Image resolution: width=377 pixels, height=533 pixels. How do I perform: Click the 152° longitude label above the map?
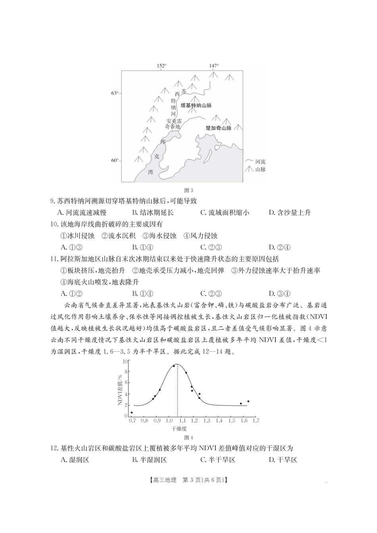tap(161, 66)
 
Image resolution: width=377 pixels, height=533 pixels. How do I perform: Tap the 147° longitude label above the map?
tap(214, 66)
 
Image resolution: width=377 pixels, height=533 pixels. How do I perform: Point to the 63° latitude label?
tap(114, 93)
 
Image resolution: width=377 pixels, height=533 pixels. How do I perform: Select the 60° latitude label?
tap(114, 161)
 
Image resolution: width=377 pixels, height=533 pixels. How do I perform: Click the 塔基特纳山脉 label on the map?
tap(196, 105)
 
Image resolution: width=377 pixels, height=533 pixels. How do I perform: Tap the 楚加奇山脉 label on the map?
tap(218, 128)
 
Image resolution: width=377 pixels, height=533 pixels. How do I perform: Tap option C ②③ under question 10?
tap(211, 247)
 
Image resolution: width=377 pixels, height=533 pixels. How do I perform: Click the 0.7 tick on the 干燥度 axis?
tap(131, 420)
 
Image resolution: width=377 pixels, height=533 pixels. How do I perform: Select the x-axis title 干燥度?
tap(179, 429)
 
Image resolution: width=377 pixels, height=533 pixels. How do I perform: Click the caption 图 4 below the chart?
tap(189, 438)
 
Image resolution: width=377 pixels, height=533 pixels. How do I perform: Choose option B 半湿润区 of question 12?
tap(149, 460)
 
